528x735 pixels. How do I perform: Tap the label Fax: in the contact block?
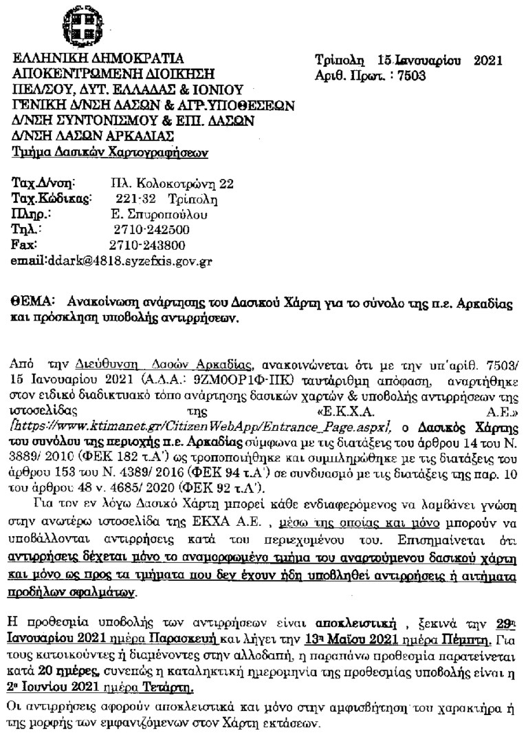(25, 244)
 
